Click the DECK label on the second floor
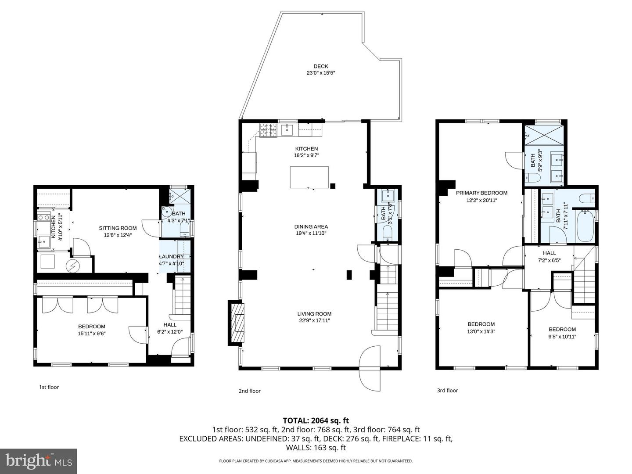click(x=321, y=66)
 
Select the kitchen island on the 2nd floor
click(x=309, y=177)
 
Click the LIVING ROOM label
click(x=314, y=314)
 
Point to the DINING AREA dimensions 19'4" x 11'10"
click(x=311, y=233)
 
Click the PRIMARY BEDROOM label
click(x=481, y=193)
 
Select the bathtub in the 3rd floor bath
click(x=585, y=226)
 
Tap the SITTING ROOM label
click(x=118, y=228)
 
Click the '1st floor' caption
click(x=49, y=387)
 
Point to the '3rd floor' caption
click(x=447, y=390)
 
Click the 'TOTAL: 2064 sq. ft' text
click(x=316, y=420)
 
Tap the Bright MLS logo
click(x=39, y=461)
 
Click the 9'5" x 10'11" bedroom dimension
click(x=562, y=337)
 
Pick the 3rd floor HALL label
click(x=549, y=253)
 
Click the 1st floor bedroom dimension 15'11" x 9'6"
click(x=92, y=334)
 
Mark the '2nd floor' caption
click(x=250, y=391)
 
